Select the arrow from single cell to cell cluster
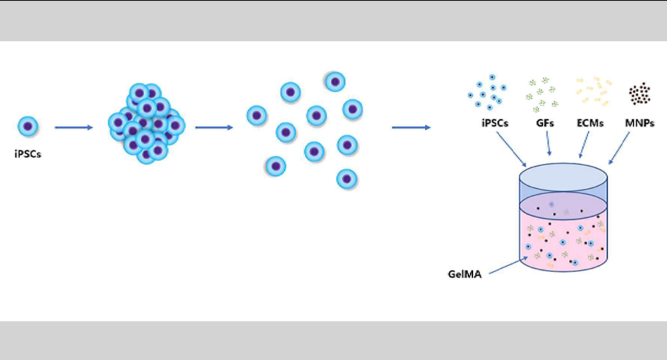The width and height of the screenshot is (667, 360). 73,126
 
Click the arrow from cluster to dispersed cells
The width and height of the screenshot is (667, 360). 213,126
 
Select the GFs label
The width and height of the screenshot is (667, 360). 545,123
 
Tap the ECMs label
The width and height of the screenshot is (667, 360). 590,123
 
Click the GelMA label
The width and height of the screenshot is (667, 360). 465,273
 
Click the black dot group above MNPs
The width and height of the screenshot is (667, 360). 639,94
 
